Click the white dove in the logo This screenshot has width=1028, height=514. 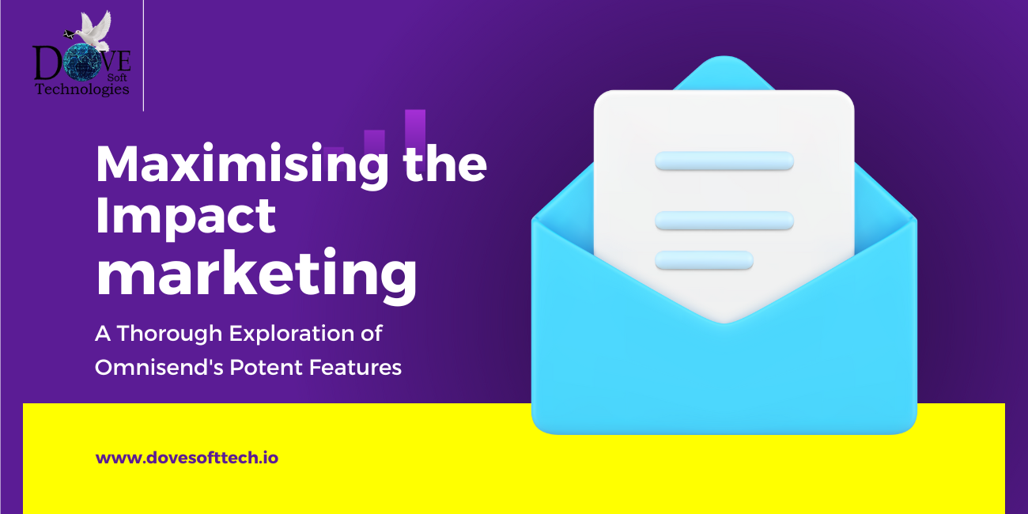point(92,31)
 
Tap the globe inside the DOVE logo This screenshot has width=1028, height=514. point(81,62)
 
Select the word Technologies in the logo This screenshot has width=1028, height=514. point(82,89)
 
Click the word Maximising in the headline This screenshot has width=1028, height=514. point(242,166)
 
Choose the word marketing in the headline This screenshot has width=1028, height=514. point(256,274)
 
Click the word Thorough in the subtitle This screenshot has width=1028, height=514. point(169,334)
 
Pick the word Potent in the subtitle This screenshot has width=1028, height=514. point(266,367)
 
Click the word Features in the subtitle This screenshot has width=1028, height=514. point(355,367)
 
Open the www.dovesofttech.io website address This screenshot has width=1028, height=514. point(187,458)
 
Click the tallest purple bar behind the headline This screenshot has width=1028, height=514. point(415,130)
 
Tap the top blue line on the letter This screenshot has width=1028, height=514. point(724,161)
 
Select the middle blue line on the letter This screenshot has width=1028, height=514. point(724,221)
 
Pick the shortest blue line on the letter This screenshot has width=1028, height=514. point(704,259)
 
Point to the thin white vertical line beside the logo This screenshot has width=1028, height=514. point(144,55)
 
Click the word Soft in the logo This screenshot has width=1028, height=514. point(117,77)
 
